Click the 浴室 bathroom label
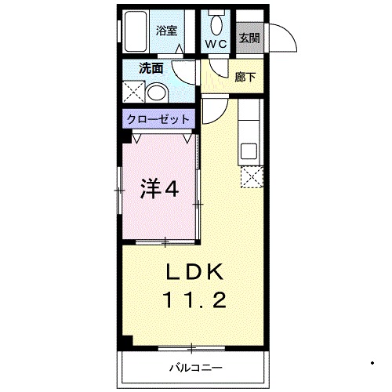click(x=165, y=32)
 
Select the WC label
click(x=216, y=44)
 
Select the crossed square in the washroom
click(x=133, y=94)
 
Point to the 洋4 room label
click(x=158, y=189)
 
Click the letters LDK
click(x=196, y=272)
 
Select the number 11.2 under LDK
click(x=196, y=299)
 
